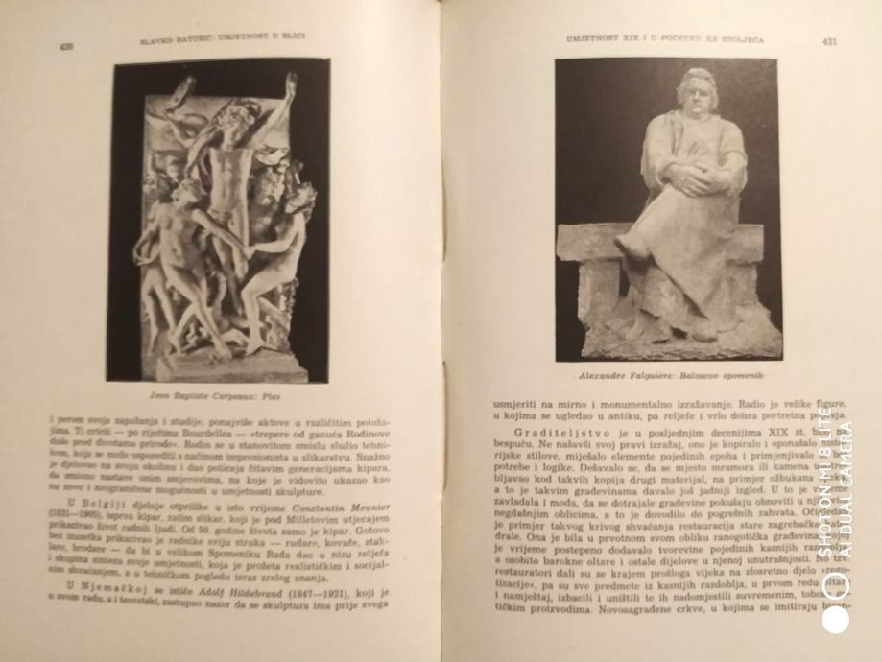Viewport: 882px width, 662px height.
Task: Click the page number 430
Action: pyautogui.click(x=66, y=45)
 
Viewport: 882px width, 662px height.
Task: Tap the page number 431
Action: pyautogui.click(x=831, y=41)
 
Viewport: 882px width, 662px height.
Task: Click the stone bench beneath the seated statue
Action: pyautogui.click(x=662, y=288)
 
